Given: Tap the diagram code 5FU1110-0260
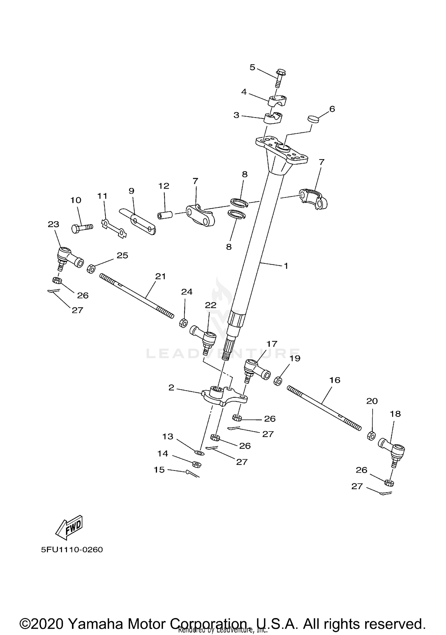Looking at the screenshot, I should (x=72, y=549).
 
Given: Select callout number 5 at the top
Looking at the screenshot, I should (x=252, y=68).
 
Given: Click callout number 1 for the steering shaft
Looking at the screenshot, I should (x=286, y=266).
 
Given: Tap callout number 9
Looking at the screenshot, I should (x=131, y=191).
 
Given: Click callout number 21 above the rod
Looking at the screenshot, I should (x=161, y=276).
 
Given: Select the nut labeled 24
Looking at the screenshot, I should (x=183, y=323).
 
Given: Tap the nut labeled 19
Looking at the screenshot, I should (x=277, y=381).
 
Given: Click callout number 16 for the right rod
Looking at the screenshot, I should (x=335, y=380).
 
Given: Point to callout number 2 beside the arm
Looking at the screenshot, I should (x=171, y=388).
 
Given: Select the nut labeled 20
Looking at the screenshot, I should (x=371, y=436).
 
